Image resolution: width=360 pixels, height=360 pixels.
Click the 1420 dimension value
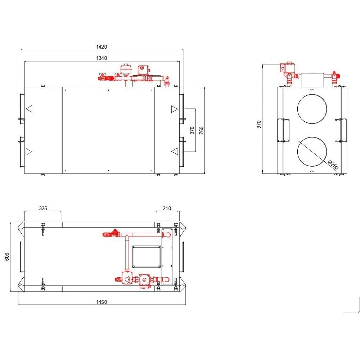[102, 47]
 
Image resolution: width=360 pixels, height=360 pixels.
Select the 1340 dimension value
[102, 58]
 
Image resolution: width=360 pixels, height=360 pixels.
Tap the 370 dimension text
[192, 130]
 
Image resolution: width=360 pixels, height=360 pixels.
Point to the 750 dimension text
[201, 130]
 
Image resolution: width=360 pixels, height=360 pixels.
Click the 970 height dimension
[259, 125]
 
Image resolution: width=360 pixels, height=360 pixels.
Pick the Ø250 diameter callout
[333, 165]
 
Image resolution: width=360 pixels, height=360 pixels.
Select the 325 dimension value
[43, 208]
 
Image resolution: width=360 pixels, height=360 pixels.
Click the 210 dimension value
[167, 208]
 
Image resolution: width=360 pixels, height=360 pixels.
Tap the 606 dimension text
[7, 257]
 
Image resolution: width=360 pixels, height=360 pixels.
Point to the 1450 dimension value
[102, 302]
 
